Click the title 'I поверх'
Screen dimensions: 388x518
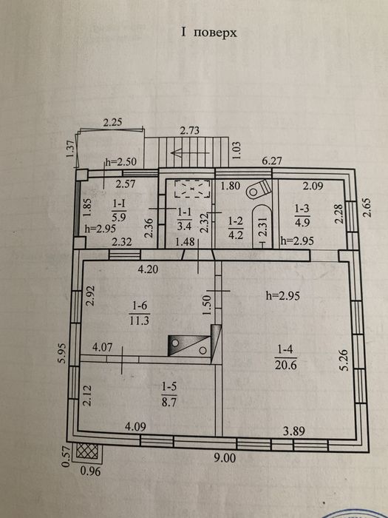point(208,33)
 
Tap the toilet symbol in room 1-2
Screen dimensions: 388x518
point(259,189)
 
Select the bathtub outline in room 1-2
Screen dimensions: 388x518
point(262,226)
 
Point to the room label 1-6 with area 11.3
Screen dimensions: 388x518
point(140,314)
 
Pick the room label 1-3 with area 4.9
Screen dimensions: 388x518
point(302,215)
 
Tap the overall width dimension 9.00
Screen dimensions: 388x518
point(225,458)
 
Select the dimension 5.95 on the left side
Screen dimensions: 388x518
point(63,353)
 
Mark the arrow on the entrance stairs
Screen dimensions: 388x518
point(191,153)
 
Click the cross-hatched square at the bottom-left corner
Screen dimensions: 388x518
point(87,451)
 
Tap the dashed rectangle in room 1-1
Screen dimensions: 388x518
point(192,189)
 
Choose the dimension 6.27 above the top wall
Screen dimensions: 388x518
point(271,162)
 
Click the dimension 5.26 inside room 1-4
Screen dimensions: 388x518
point(345,360)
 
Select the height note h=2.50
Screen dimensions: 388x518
point(120,163)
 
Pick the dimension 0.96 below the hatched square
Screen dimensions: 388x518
point(90,471)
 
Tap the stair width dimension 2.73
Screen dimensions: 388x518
point(189,130)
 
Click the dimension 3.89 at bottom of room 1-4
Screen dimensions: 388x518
point(294,431)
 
